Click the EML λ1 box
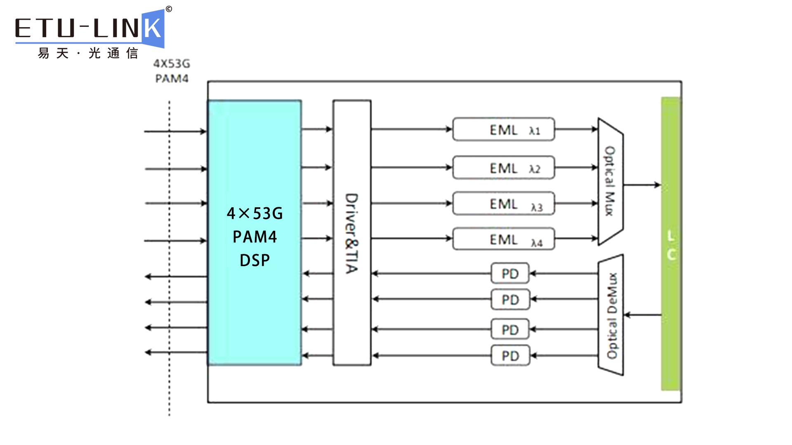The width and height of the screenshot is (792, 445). click(x=503, y=129)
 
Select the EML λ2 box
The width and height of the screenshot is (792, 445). click(x=503, y=168)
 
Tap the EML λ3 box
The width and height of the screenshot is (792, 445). click(x=503, y=203)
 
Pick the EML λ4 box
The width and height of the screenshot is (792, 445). click(x=503, y=239)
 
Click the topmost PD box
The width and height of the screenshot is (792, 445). click(x=510, y=274)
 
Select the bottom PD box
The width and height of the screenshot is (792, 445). click(x=510, y=356)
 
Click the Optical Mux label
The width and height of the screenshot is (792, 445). click(x=610, y=181)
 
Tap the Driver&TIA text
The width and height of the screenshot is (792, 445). click(x=351, y=233)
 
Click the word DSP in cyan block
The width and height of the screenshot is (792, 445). click(x=255, y=260)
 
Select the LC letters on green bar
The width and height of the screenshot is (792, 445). click(x=671, y=246)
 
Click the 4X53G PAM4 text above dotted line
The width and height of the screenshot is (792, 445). click(x=172, y=71)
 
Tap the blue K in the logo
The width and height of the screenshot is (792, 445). click(x=153, y=28)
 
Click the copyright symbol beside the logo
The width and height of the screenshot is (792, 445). click(x=169, y=9)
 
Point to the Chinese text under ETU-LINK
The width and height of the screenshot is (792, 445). click(x=87, y=54)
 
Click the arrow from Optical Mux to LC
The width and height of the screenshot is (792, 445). click(x=642, y=185)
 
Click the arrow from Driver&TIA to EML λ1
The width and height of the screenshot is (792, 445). click(x=411, y=129)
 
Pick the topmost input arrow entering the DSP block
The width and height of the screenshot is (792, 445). click(x=175, y=131)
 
